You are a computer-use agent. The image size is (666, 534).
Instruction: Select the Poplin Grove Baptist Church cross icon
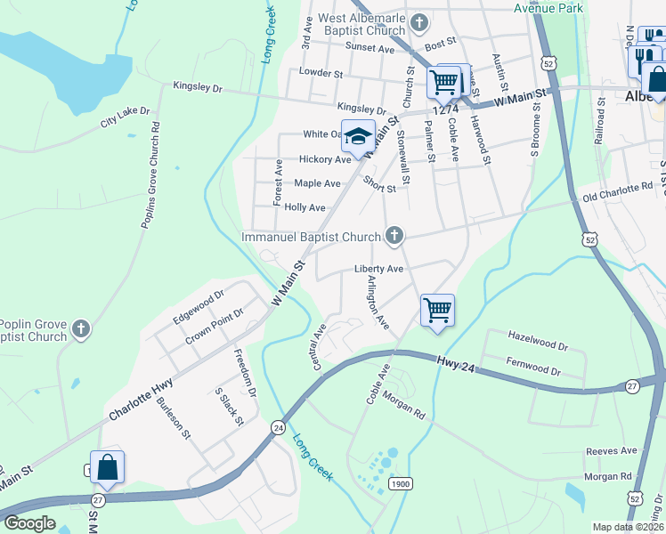coord(80,329)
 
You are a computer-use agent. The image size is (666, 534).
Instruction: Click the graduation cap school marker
coord(358,137)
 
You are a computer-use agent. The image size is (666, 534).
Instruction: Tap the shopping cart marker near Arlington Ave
coord(437,311)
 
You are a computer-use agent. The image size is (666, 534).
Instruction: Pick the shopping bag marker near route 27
coord(107,467)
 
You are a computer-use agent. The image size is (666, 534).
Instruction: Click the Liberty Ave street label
coord(379,269)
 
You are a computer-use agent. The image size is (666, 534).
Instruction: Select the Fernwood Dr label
coord(533,367)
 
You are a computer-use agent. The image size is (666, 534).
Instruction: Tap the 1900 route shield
coord(400,483)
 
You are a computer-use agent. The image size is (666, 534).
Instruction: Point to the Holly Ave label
coord(305,207)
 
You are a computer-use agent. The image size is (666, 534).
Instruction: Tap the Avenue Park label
coord(548,8)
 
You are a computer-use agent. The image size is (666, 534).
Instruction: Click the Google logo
coord(29,523)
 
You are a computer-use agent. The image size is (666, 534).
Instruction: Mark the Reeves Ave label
coord(611,450)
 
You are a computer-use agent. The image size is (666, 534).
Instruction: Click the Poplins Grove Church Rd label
coord(149,174)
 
